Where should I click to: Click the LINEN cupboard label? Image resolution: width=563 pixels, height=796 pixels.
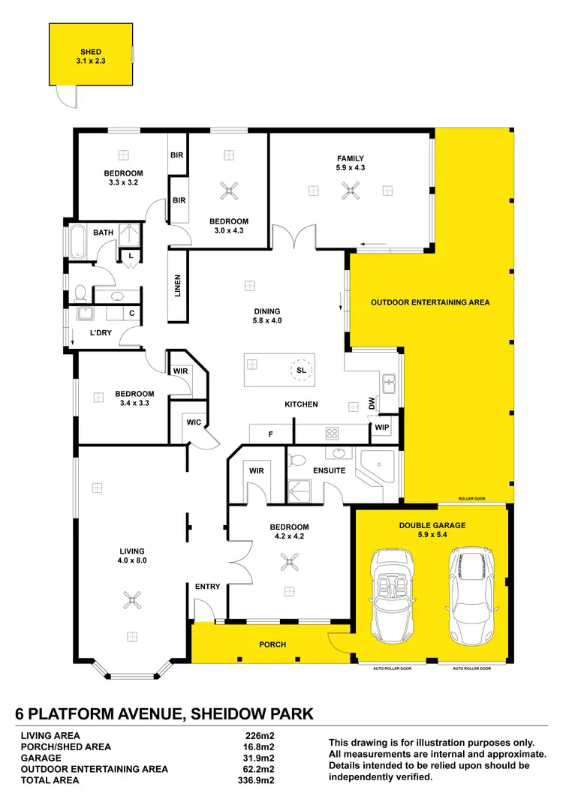coord(178,286)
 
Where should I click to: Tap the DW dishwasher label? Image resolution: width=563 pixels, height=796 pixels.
coord(372,404)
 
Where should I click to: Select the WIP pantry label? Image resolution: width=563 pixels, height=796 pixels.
coord(381,428)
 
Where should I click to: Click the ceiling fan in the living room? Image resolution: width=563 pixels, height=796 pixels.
coord(133,599)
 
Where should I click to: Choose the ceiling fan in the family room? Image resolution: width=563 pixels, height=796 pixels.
coord(350,191)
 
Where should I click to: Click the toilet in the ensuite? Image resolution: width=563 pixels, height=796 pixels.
coord(297,459)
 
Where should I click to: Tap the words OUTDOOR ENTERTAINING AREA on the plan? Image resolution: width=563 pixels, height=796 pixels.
coord(430,303)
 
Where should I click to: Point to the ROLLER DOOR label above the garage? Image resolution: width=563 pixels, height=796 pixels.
coord(472,499)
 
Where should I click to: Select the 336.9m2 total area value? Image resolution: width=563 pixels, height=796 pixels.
coord(254,780)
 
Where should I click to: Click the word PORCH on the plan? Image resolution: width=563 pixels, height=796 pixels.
coord(272,644)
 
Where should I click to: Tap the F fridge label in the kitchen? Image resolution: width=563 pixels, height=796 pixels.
coord(270,433)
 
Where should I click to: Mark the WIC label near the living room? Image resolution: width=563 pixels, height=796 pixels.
coord(193,422)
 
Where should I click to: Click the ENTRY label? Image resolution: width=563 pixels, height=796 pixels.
coord(207,587)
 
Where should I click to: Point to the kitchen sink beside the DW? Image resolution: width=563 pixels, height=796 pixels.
coord(389,383)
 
